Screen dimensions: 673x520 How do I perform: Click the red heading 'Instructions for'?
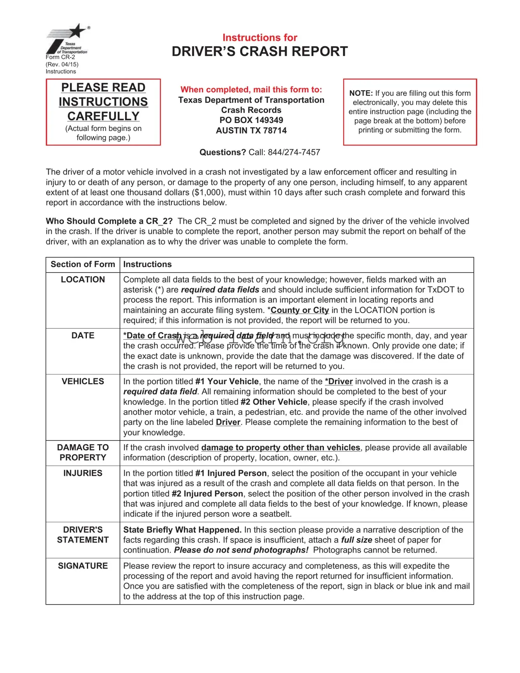pos(260,38)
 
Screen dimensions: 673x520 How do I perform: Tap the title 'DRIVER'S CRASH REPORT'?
pos(260,52)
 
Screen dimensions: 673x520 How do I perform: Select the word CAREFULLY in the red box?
pos(103,116)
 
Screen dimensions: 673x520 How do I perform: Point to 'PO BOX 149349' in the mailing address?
pos(251,120)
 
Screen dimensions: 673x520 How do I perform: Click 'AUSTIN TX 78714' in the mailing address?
pos(251,131)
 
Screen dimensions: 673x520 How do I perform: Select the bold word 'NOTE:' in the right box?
pos(361,93)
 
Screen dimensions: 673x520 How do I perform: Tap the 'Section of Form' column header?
pos(83,264)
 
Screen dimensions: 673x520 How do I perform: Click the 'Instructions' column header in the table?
pos(147,264)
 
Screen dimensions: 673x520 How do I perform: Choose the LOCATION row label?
pos(83,280)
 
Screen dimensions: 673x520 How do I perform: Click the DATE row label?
pos(83,335)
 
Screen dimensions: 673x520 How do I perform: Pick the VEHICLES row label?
pos(83,381)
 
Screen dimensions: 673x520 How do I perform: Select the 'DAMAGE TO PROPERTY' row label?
pos(83,453)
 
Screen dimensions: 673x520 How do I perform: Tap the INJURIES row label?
pos(83,473)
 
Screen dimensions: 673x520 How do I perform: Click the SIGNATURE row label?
pos(83,566)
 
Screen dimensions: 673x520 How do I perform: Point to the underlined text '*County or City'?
pos(298,310)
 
